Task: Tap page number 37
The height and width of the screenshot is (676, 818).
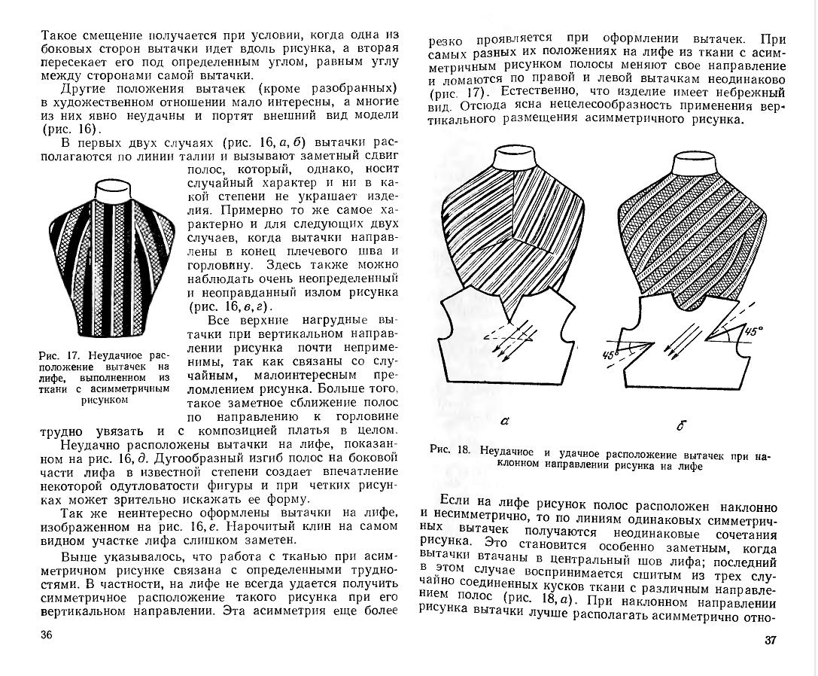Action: [x=769, y=640]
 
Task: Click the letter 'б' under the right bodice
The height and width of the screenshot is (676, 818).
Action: [x=680, y=425]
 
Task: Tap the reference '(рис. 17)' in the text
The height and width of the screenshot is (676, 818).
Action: [x=452, y=93]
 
